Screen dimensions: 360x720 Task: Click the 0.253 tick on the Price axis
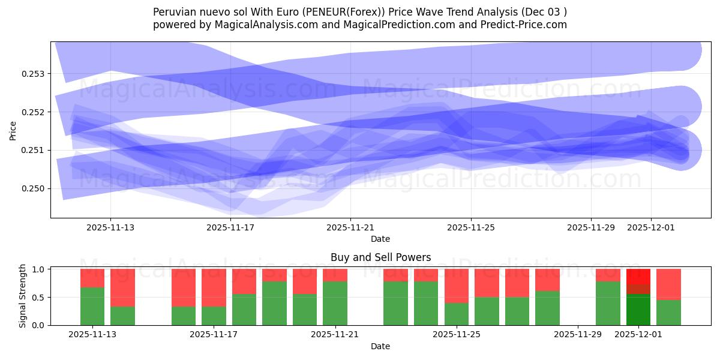pos(36,74)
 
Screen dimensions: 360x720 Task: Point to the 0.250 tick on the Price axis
pos(36,188)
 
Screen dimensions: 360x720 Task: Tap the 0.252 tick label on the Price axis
pos(36,112)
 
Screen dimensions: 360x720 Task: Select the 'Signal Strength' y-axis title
pos(23,296)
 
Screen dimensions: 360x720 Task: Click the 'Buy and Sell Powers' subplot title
pos(380,257)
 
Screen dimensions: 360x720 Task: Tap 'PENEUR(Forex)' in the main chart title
pos(335,12)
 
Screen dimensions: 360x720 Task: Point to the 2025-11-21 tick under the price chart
pos(350,227)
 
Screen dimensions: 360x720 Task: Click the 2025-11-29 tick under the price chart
pos(591,227)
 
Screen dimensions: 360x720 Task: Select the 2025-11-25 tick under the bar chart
pos(457,335)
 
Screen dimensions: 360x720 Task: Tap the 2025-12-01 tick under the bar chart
pos(638,335)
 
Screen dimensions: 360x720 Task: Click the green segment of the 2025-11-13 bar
pos(92,306)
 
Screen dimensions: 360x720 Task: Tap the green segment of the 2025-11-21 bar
pos(335,303)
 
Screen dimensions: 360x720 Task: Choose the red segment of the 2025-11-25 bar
pos(457,286)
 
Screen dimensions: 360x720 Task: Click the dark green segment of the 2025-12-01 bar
pos(638,310)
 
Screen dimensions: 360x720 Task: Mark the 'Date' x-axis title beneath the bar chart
pos(380,346)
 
